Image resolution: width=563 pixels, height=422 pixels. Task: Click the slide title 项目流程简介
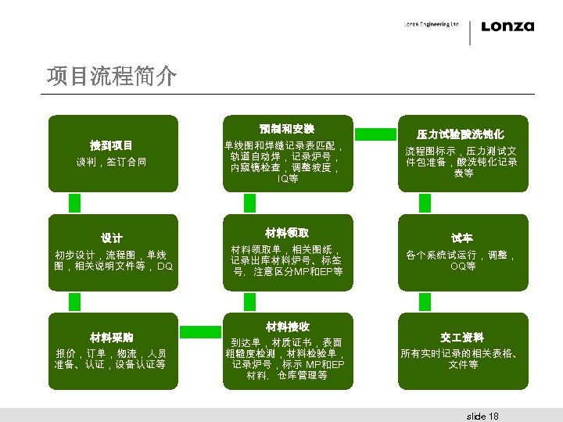click(x=111, y=77)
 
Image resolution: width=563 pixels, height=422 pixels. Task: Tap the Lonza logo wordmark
click(x=507, y=27)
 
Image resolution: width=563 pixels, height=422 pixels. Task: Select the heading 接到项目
click(x=111, y=145)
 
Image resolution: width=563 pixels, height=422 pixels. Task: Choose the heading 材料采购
click(x=110, y=338)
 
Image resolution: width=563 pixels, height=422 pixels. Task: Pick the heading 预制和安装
click(x=287, y=128)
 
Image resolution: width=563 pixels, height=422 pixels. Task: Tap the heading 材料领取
click(x=287, y=233)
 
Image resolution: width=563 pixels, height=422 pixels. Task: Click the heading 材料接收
click(x=287, y=326)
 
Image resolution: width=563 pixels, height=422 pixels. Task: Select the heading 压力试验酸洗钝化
click(x=461, y=134)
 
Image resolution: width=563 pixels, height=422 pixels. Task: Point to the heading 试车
click(x=461, y=238)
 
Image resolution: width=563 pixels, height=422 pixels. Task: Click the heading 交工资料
click(x=461, y=338)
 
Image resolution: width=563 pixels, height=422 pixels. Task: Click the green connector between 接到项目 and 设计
click(x=75, y=203)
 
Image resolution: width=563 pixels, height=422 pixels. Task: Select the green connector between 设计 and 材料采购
click(x=75, y=302)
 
